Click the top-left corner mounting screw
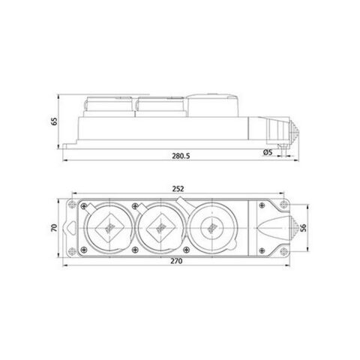[x=71, y=202]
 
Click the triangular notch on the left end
[x=70, y=226]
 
